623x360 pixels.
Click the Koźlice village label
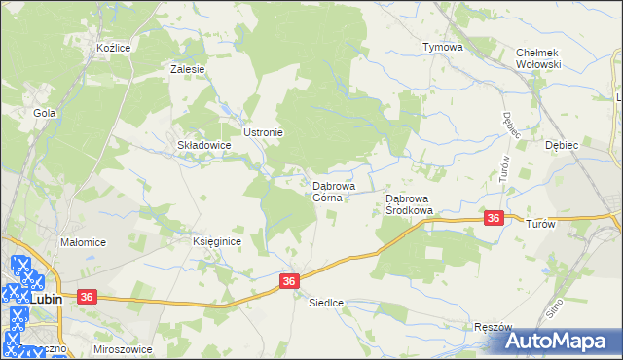(114, 47)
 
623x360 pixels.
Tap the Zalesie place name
(187, 69)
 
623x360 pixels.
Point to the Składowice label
(203, 145)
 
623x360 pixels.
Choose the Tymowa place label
(441, 47)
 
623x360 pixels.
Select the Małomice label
(83, 242)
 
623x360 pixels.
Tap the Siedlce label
(326, 303)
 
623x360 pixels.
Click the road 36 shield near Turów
(495, 219)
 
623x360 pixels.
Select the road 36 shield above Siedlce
(288, 280)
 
